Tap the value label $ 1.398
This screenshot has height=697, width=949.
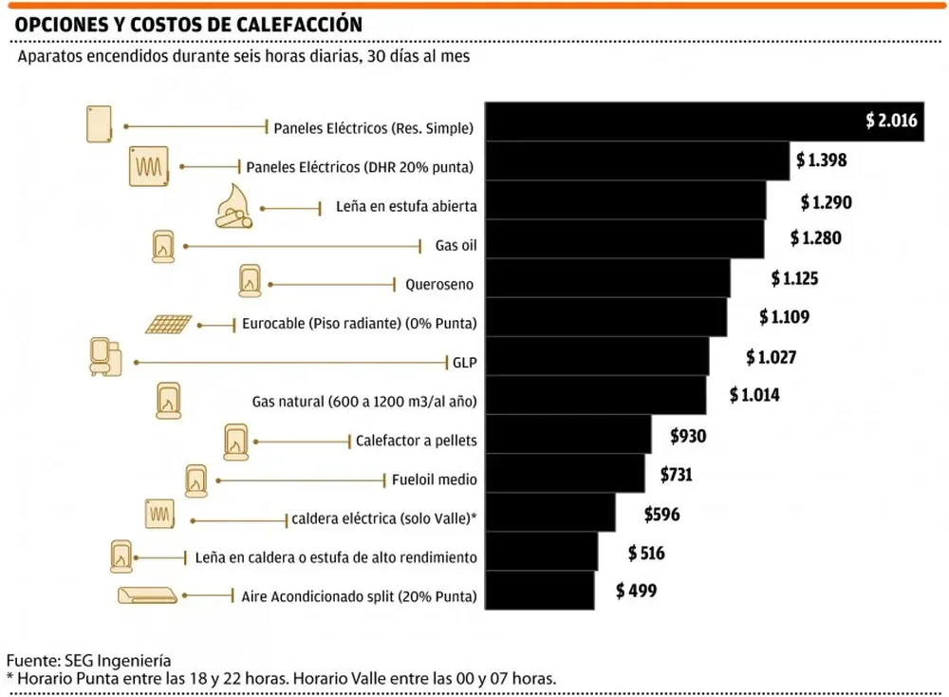pos(821,160)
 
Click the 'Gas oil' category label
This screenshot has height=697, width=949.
pos(456,245)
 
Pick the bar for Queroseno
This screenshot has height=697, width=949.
pos(607,278)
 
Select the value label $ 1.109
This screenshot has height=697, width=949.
pos(784,316)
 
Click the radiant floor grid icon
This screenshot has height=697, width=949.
pos(170,324)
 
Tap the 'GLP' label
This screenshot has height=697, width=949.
pos(464,362)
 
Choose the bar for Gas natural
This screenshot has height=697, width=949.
pos(595,395)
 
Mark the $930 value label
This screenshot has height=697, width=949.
pos(689,436)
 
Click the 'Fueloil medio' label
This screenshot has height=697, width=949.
pos(434,480)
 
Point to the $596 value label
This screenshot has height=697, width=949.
pos(661,514)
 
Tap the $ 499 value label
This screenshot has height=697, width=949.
pos(636,591)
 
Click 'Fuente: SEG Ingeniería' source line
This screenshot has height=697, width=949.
pos(89,659)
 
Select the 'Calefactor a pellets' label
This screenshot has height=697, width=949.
pos(416,441)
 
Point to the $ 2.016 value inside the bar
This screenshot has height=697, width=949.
pos(891,121)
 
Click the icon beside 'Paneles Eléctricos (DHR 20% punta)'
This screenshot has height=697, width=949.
pos(149,166)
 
